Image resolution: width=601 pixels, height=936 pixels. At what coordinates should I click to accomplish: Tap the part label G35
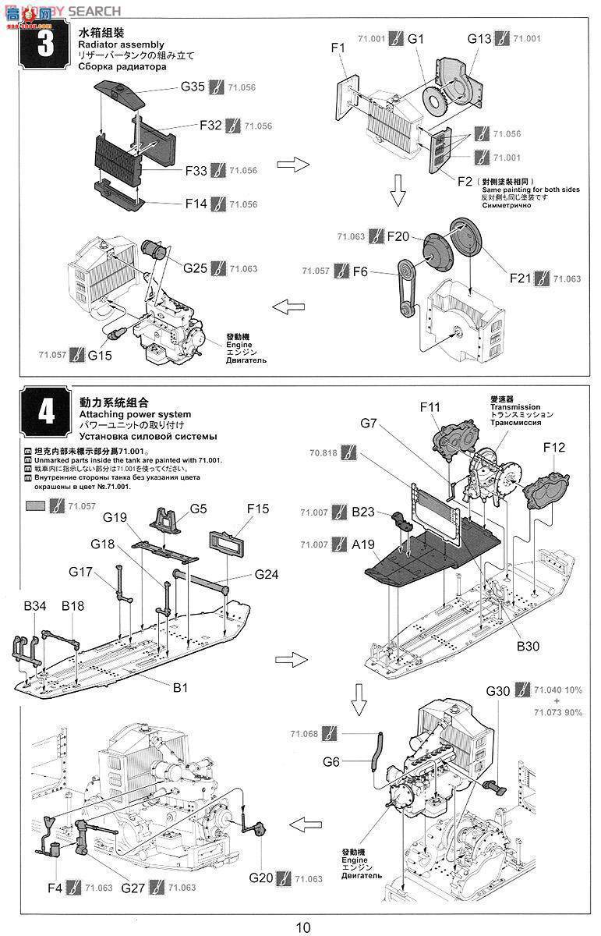(193, 87)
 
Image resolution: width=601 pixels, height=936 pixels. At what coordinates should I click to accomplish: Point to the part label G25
(196, 268)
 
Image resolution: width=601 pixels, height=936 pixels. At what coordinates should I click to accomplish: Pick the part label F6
(359, 271)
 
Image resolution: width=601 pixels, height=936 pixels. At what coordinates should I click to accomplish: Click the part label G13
(479, 38)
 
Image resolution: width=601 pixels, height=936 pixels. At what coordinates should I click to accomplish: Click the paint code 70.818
(323, 452)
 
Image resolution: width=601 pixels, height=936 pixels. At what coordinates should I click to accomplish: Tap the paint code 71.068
(304, 734)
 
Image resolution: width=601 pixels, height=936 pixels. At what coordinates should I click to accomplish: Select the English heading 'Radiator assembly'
(121, 44)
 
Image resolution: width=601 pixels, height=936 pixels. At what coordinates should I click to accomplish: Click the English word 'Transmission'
(515, 406)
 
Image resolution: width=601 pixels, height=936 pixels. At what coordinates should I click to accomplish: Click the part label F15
(257, 509)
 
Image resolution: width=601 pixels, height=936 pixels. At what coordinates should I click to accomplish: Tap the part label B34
(34, 605)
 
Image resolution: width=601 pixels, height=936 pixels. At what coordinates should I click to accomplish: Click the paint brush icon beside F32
(232, 126)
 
